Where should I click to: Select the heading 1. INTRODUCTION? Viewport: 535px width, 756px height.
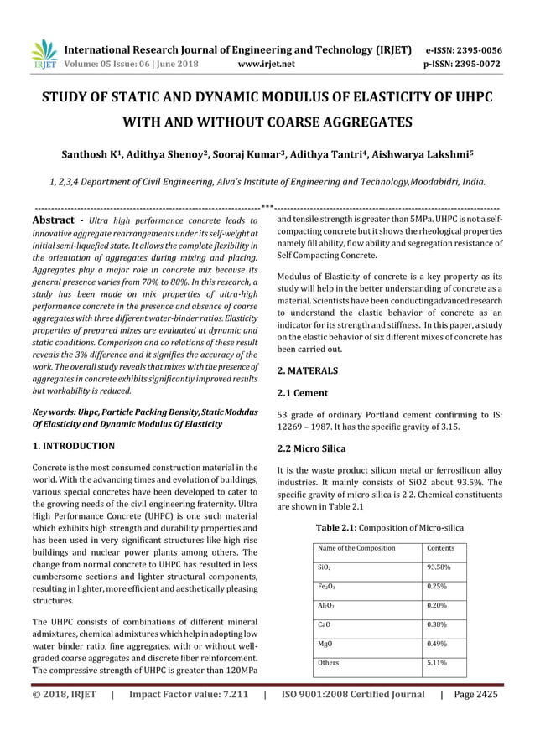point(73,446)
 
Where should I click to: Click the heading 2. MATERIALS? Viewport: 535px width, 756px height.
point(307,370)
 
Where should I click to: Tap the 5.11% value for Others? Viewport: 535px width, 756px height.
point(437,663)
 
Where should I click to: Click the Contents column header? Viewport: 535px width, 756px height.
point(441,547)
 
